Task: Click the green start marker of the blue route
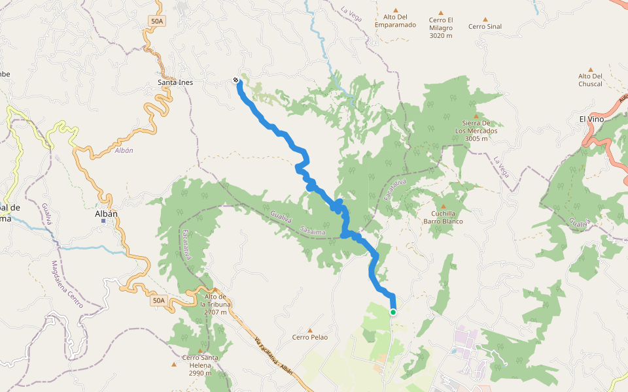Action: (x=393, y=312)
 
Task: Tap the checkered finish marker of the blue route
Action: (x=235, y=80)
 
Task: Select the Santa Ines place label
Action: (x=175, y=83)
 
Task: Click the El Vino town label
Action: (x=591, y=119)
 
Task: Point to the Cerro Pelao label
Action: (x=310, y=337)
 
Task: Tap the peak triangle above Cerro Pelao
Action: (x=310, y=329)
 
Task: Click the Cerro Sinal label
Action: (x=485, y=27)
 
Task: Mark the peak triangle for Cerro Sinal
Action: (x=485, y=19)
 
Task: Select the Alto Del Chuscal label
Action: (x=590, y=80)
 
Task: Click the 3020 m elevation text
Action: (x=441, y=35)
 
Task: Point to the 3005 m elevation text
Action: (x=476, y=139)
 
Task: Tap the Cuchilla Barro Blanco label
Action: (x=443, y=218)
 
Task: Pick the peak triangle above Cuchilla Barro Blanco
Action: (x=443, y=206)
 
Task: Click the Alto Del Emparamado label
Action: (x=395, y=21)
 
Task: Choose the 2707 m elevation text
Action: (x=215, y=312)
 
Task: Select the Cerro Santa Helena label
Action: (x=200, y=365)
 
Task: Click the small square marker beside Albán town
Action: (x=103, y=221)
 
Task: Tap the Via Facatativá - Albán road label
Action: (x=273, y=360)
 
